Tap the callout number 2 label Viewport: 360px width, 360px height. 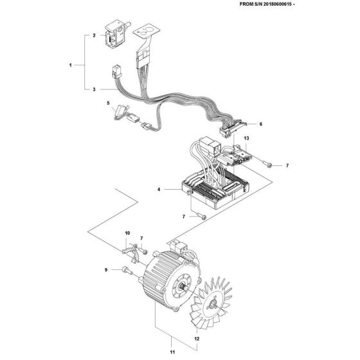coord(94,36)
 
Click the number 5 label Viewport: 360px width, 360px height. coord(109,103)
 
